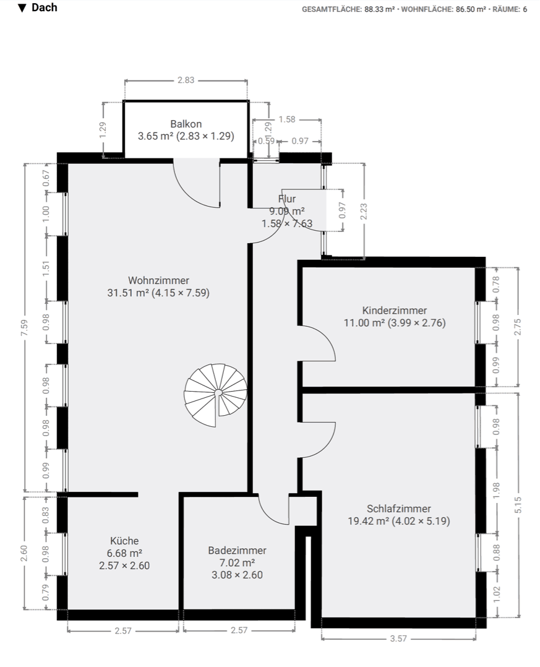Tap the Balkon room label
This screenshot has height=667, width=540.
click(186, 124)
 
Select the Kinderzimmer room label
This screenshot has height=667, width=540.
click(394, 311)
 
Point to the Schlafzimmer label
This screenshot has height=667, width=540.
click(398, 509)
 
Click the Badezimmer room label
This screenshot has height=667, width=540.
click(237, 550)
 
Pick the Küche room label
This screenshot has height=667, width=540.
click(124, 540)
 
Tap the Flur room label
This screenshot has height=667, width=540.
click(286, 199)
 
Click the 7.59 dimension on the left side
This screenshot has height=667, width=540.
click(24, 327)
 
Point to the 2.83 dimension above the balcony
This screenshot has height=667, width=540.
click(186, 80)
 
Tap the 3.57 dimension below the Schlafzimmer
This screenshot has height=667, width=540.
click(399, 639)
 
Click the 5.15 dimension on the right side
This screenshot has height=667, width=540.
click(519, 505)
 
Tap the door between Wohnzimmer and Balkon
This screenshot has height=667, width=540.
click(197, 183)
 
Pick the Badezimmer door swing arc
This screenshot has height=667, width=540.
click(272, 511)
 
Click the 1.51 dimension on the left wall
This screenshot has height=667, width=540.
click(46, 269)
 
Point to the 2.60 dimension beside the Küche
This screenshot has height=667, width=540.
click(24, 553)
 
